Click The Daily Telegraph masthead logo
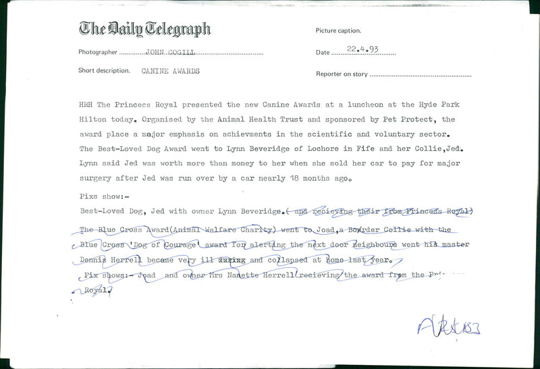(x=144, y=29)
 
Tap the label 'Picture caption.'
(x=338, y=31)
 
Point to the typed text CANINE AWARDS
(x=171, y=71)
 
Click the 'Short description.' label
(x=104, y=71)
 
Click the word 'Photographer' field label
(x=99, y=52)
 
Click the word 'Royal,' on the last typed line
(x=97, y=290)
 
